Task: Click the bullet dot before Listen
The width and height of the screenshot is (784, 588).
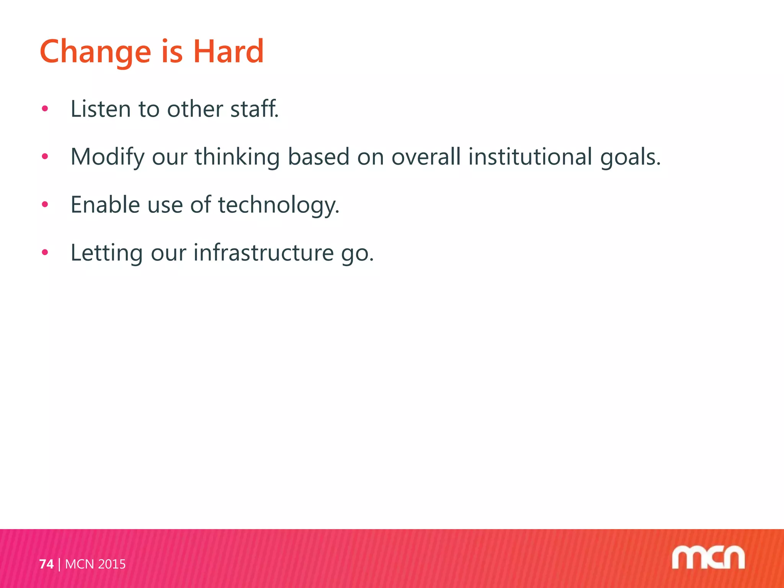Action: click(x=45, y=109)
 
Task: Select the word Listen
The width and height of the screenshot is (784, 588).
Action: click(x=101, y=109)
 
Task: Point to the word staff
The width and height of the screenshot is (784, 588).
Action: click(x=254, y=109)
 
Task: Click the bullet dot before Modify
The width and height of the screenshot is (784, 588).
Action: click(x=45, y=156)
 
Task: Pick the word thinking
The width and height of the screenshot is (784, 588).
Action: click(x=237, y=157)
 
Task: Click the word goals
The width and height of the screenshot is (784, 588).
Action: click(x=630, y=157)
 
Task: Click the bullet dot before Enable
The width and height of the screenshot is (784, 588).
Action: click(x=45, y=204)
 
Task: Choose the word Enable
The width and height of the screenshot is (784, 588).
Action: click(x=105, y=204)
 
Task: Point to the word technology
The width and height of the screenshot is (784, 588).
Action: click(x=278, y=205)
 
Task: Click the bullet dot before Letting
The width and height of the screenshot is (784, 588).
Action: click(x=45, y=252)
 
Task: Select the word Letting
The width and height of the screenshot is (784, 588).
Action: click(x=107, y=253)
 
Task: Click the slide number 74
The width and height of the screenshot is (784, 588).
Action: click(x=46, y=564)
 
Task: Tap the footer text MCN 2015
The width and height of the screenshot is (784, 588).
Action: click(x=95, y=564)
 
